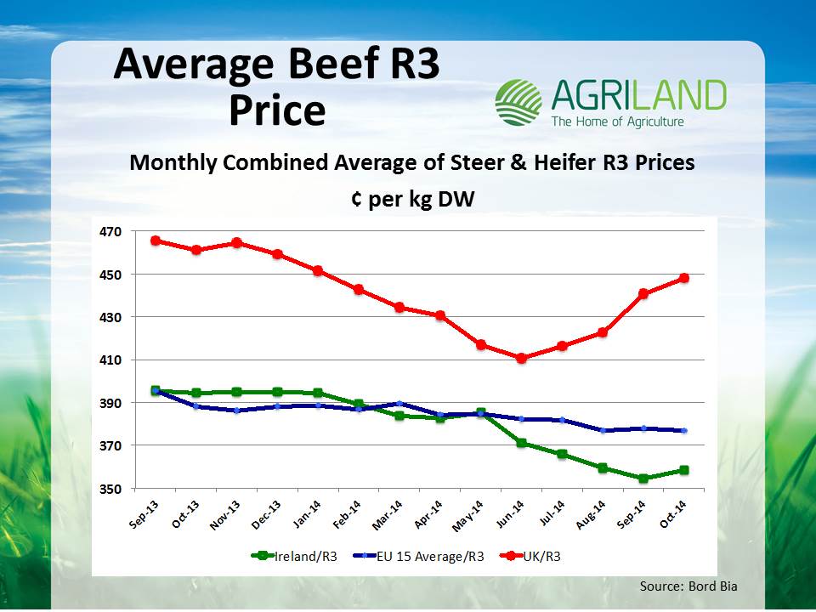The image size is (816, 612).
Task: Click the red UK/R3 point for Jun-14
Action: click(x=522, y=358)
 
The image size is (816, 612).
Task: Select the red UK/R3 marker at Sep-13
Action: click(x=156, y=241)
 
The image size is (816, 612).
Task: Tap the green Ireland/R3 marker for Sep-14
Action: click(x=643, y=479)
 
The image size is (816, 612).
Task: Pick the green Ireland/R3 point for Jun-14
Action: click(x=522, y=443)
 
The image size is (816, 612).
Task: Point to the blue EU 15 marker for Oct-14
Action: click(x=683, y=431)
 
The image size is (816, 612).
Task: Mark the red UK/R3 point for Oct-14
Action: click(x=683, y=278)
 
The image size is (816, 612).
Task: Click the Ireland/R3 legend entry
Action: click(x=288, y=556)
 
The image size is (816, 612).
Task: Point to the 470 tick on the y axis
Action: click(x=111, y=231)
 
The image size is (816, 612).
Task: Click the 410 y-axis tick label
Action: click(x=111, y=360)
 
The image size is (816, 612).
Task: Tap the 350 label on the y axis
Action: click(x=111, y=489)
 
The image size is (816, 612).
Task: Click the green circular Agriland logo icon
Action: click(x=518, y=103)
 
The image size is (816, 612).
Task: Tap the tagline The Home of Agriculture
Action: click(x=617, y=122)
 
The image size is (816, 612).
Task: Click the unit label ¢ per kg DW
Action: click(x=411, y=199)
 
